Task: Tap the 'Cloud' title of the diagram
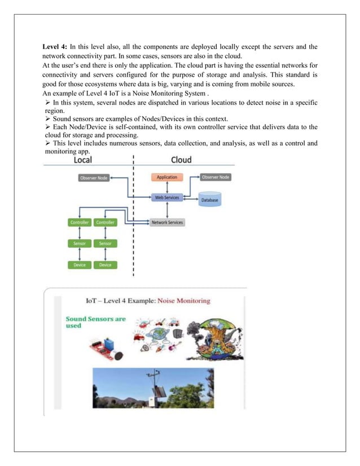181,160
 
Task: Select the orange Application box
166,177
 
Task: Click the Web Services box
167,197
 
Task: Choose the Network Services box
167,222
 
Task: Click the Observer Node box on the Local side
94,178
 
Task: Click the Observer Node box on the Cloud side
215,177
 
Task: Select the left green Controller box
80,222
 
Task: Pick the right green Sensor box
105,244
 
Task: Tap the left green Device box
80,265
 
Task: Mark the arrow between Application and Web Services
167,187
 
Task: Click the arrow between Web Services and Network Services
167,210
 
